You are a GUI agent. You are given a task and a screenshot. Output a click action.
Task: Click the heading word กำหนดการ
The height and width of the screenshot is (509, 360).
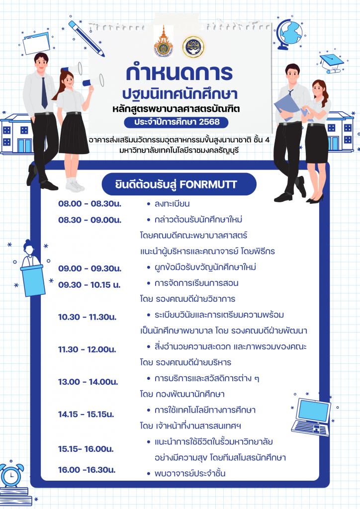point(179,73)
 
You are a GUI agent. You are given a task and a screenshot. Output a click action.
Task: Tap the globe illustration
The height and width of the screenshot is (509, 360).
point(289,34)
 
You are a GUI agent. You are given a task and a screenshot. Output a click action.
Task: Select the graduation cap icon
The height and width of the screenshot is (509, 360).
point(331,62)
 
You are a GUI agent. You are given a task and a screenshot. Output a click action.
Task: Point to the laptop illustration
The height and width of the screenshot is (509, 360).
point(311,417)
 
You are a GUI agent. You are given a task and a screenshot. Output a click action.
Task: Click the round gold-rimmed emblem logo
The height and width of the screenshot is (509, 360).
point(193,47)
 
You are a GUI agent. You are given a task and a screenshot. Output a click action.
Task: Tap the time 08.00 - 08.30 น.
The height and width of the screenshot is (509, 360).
point(90,204)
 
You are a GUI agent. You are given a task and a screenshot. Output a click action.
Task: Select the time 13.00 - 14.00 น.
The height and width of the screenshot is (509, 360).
point(88,382)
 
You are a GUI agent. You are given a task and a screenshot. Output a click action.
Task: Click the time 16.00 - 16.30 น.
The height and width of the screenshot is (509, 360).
point(87,470)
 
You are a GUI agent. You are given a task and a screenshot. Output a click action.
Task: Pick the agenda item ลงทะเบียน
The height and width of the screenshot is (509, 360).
point(172,204)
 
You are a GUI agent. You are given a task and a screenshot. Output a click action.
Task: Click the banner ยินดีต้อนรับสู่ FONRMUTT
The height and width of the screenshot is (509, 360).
point(179,184)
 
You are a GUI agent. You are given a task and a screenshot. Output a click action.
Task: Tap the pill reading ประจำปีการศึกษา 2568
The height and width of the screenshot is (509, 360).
point(176,122)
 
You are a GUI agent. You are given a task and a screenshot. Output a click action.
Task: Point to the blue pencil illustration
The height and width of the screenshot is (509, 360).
point(87,39)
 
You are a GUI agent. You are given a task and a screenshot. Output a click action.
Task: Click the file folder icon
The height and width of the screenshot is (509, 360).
point(36,43)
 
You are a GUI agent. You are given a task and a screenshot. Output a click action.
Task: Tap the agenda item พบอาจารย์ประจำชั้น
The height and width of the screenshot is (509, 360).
point(190,473)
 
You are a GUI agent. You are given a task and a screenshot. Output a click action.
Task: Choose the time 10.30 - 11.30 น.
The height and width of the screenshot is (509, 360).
point(88,317)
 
